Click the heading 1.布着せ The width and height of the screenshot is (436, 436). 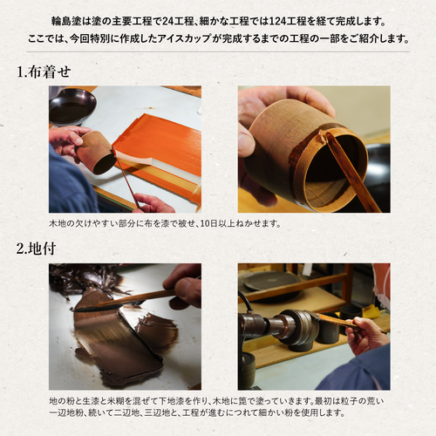click(x=44, y=72)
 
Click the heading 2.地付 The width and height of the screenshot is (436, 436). click(x=36, y=249)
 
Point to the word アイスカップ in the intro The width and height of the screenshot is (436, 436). click(x=184, y=38)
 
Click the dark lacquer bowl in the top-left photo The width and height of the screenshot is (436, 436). click(x=72, y=106)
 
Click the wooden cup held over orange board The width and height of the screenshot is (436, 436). click(x=97, y=152)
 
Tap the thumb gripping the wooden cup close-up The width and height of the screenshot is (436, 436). click(x=247, y=142)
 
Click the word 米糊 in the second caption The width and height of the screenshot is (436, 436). click(x=116, y=401)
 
